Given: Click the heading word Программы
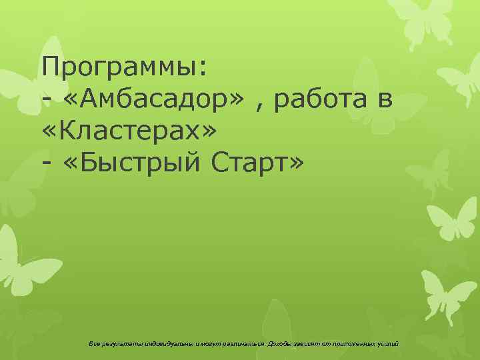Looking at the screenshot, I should point(124,67).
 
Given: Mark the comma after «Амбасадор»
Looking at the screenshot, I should point(261,107).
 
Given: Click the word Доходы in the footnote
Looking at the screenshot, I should point(280,344).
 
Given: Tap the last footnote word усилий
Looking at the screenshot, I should point(388,344).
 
